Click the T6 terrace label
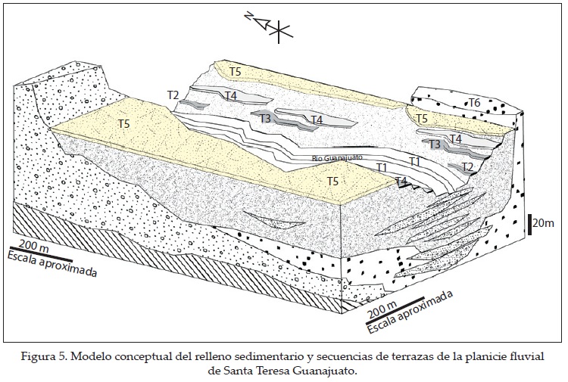click(x=475, y=102)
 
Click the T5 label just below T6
click(x=422, y=119)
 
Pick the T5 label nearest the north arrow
click(x=236, y=71)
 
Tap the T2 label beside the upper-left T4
click(x=173, y=95)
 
